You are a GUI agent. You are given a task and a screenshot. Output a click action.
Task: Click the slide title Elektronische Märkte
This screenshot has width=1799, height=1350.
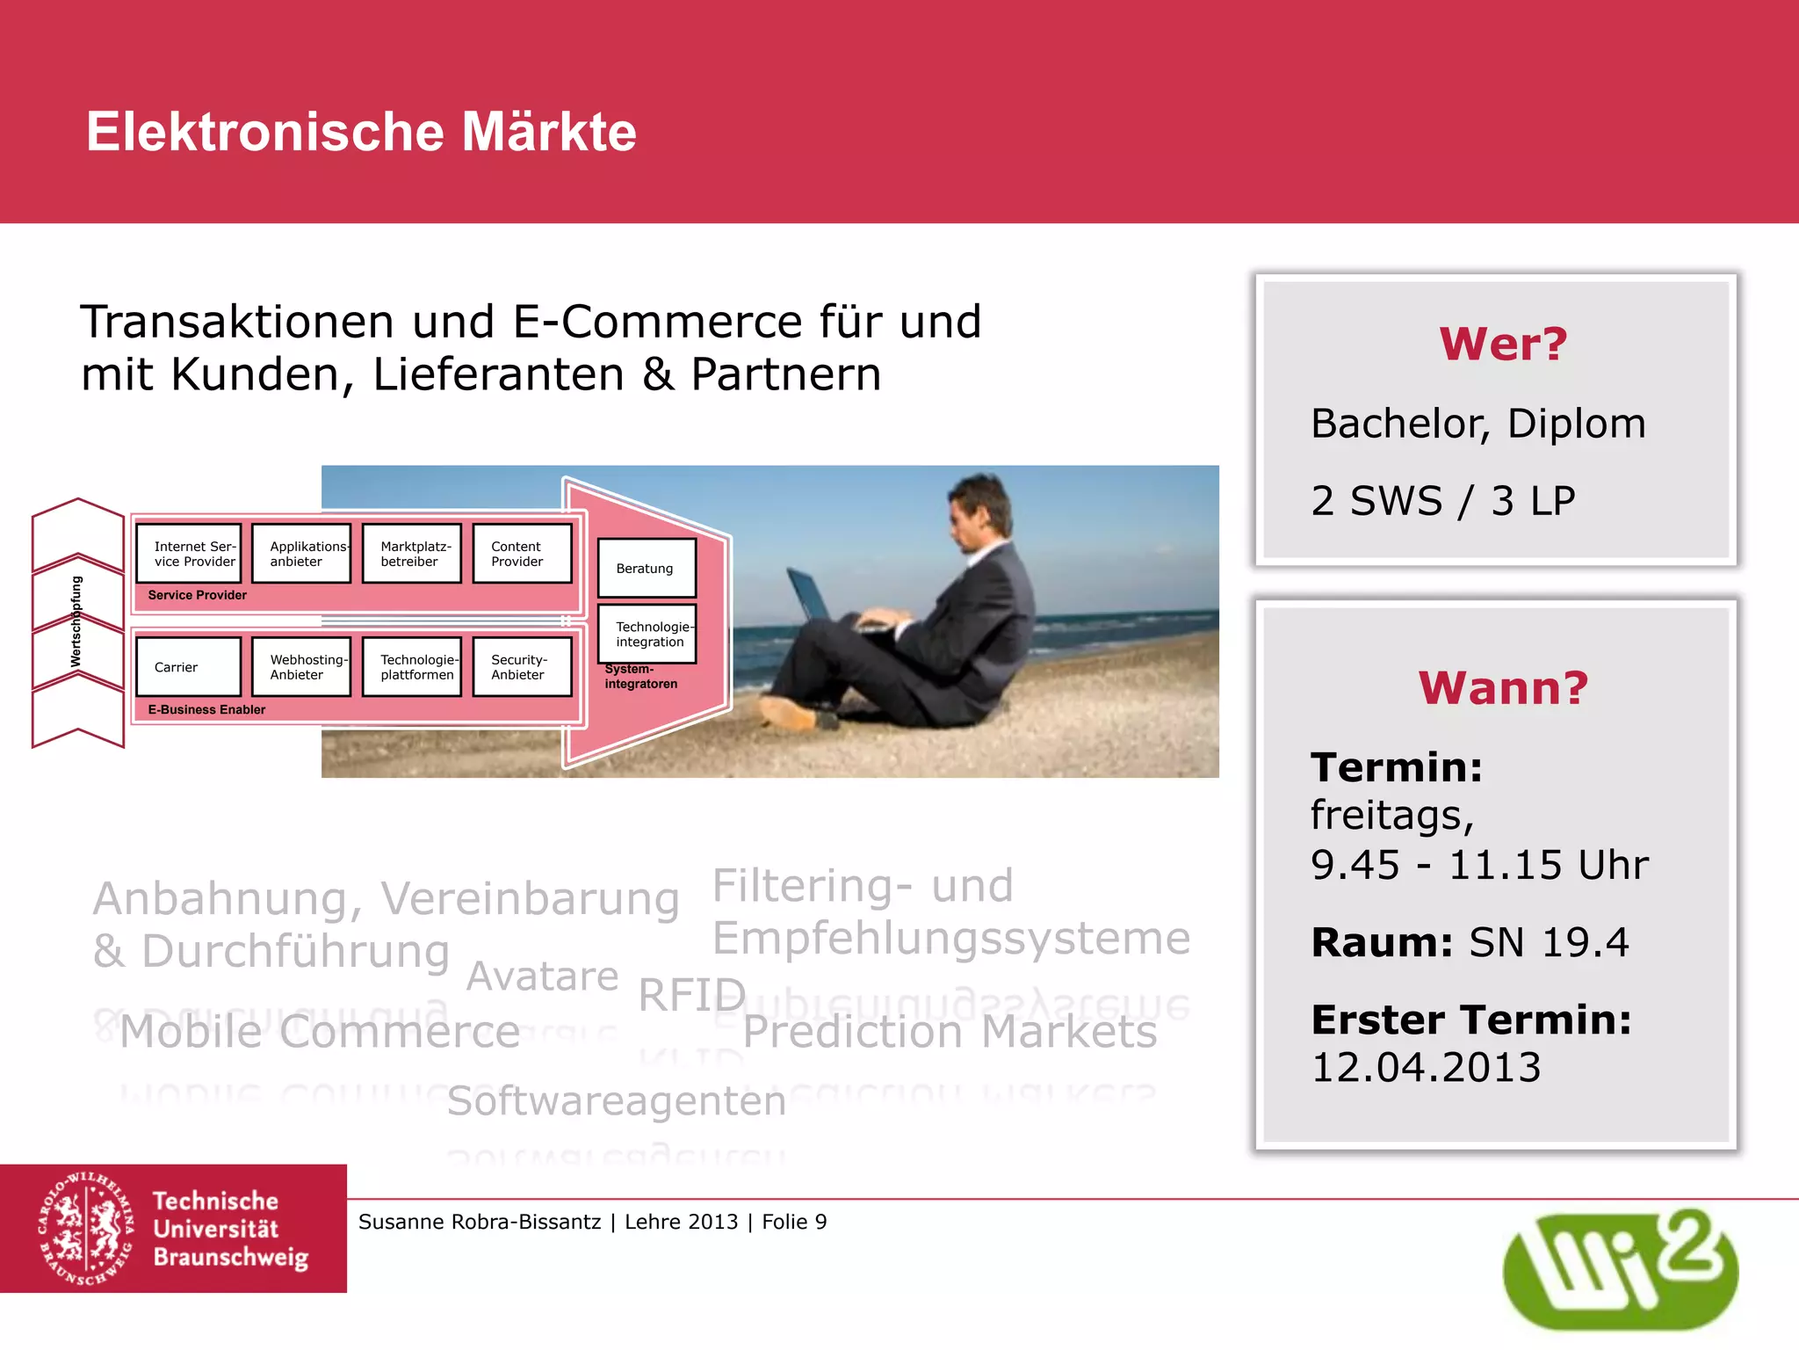(x=361, y=132)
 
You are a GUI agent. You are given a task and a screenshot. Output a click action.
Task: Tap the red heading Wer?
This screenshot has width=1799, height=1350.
(x=1503, y=344)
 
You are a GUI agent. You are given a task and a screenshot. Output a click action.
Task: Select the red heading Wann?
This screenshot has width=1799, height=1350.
(x=1503, y=687)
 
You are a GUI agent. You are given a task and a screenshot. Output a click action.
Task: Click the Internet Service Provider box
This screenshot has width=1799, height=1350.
(x=189, y=554)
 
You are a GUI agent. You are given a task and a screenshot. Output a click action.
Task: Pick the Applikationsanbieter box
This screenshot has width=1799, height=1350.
(x=301, y=554)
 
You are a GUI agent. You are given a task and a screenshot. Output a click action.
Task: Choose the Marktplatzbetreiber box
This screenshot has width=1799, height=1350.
(x=412, y=554)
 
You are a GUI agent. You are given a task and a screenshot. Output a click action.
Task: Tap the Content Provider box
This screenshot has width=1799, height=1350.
(x=522, y=554)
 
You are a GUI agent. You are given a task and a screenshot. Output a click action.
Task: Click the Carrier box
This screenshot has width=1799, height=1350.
(x=189, y=667)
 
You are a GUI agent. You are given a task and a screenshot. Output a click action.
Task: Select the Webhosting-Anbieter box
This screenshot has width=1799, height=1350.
(x=301, y=667)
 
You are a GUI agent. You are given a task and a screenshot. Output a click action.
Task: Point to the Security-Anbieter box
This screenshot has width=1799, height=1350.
(x=522, y=667)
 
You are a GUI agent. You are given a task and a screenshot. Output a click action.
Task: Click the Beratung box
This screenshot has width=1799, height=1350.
(x=647, y=569)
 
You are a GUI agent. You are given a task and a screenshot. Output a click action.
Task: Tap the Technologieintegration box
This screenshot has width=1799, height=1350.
(x=647, y=634)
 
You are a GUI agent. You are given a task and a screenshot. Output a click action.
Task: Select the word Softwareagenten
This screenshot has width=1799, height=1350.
(x=616, y=1101)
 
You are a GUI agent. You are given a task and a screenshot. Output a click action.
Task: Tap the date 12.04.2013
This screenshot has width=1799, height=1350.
(x=1426, y=1068)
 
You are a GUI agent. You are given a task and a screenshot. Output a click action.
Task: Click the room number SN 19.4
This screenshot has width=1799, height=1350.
(x=1549, y=943)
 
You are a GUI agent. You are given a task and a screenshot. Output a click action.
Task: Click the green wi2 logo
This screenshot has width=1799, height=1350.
(x=1620, y=1269)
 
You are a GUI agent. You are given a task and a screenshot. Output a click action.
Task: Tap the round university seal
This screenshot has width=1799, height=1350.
(x=86, y=1229)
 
